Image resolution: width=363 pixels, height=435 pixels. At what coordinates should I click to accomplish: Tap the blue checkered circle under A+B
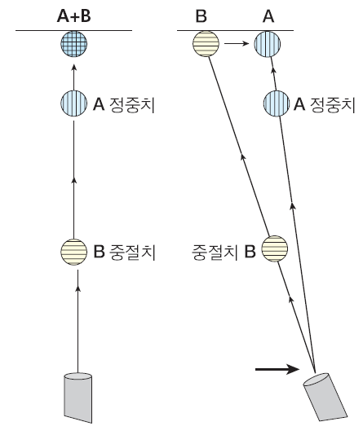point(73,45)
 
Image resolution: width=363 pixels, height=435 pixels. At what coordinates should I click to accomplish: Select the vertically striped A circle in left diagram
point(73,104)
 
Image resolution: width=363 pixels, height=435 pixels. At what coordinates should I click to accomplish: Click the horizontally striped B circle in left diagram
point(75,252)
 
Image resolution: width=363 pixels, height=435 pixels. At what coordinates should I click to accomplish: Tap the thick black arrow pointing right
point(277,369)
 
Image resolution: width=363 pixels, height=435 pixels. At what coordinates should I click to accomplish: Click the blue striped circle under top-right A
point(268,46)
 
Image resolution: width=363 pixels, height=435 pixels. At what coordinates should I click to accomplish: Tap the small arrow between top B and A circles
point(236,46)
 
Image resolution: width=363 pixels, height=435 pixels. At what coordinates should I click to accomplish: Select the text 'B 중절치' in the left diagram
point(124,252)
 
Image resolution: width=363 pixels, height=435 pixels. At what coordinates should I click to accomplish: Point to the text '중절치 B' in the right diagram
point(225,252)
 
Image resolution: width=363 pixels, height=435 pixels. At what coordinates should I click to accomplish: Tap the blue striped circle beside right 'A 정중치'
point(275,104)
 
